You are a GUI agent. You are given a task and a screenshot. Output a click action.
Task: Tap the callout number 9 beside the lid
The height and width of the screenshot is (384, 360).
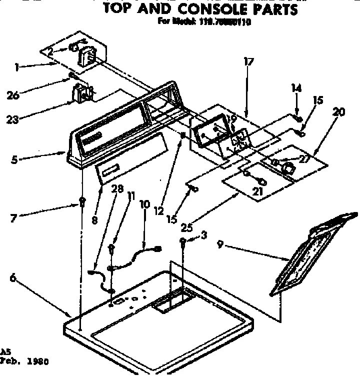[220, 244]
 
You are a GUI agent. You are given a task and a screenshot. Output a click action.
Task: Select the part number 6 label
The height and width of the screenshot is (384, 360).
[12, 279]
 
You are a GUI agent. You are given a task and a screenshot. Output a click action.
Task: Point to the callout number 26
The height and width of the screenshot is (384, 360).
[13, 94]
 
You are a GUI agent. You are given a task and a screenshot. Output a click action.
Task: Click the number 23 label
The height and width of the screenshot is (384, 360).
[13, 119]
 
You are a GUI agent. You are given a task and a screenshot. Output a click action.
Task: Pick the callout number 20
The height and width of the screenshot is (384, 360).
[338, 112]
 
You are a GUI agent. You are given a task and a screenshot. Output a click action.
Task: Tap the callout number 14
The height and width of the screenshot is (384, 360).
[296, 88]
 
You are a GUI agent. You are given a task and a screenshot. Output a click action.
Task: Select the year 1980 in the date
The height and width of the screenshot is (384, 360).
[38, 361]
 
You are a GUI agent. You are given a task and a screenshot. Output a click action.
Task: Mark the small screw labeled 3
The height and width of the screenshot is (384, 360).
[184, 242]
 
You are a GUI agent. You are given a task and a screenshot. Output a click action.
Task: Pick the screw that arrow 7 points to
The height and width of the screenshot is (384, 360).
[80, 202]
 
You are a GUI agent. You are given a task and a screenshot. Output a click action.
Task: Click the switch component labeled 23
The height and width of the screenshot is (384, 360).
[82, 94]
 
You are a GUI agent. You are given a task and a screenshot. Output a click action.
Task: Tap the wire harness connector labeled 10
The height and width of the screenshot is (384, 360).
[158, 248]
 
